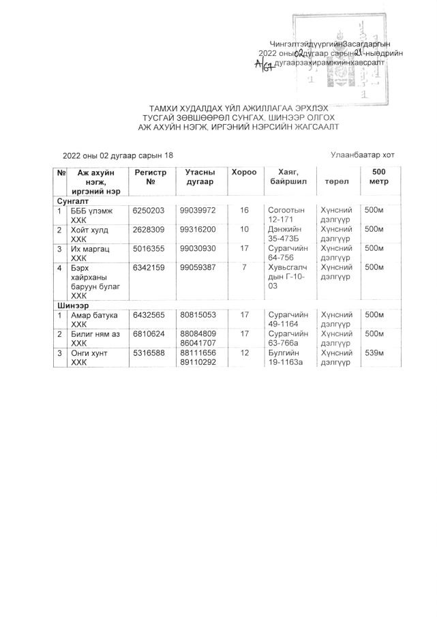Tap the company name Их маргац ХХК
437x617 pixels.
coord(94,254)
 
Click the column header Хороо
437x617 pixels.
coord(243,173)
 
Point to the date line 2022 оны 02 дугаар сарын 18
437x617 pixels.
coord(119,156)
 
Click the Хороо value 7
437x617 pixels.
coord(243,267)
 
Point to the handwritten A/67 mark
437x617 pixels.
coord(262,64)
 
